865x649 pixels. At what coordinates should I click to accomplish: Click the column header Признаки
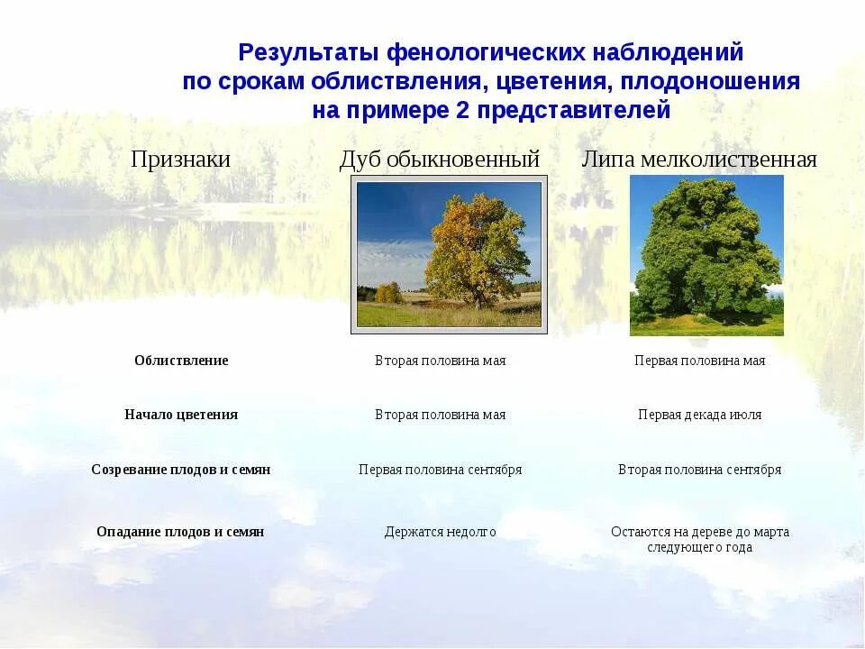(x=180, y=160)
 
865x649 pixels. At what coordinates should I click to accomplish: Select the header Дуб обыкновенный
(x=439, y=160)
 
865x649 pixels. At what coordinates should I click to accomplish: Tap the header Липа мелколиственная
(x=699, y=160)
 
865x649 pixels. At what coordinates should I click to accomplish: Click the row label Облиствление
(x=181, y=361)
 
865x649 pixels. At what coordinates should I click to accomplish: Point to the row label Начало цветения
(x=181, y=415)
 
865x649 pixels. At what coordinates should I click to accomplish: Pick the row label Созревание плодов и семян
(x=181, y=470)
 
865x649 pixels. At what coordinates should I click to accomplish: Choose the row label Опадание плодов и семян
(x=180, y=532)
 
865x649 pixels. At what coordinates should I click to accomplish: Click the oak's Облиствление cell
(x=441, y=361)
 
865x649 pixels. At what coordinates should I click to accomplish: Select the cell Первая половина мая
(x=699, y=361)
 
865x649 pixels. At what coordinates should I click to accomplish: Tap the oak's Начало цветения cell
(x=441, y=415)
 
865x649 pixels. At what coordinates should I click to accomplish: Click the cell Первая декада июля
(x=699, y=415)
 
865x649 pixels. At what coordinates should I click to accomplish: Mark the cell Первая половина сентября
(x=441, y=470)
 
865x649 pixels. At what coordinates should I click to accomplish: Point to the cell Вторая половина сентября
(x=699, y=470)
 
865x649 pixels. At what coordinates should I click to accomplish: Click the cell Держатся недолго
(x=441, y=532)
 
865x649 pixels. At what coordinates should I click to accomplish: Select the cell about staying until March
(x=699, y=539)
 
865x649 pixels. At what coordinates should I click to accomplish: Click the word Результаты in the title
(x=308, y=53)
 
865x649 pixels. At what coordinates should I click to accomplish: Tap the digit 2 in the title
(x=462, y=110)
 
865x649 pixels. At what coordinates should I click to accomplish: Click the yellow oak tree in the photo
(x=476, y=254)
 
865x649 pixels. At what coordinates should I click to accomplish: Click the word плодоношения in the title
(x=710, y=82)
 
